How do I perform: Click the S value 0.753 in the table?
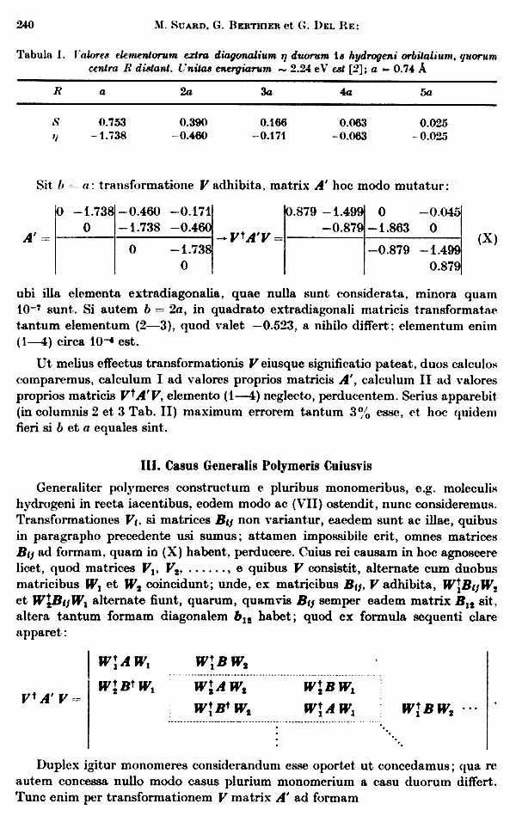pos(113,122)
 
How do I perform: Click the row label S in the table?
pos(57,122)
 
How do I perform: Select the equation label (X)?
pos(486,238)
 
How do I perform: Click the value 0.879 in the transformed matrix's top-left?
pos(301,212)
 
